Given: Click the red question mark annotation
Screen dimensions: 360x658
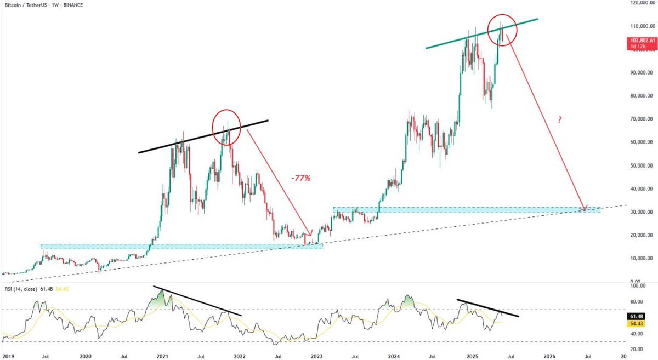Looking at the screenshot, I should (559, 119).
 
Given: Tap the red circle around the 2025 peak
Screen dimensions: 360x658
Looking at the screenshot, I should (502, 29).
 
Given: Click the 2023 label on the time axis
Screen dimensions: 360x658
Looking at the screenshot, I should (316, 356).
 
